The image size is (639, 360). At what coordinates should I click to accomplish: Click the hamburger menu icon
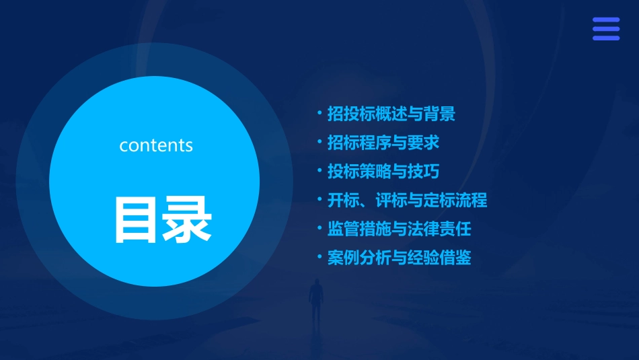click(605, 29)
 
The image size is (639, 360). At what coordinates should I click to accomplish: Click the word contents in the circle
click(156, 145)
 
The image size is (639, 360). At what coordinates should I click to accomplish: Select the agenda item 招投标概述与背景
click(391, 114)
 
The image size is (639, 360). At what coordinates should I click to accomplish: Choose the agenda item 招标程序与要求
click(383, 143)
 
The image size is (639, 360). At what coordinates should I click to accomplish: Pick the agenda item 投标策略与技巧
click(383, 172)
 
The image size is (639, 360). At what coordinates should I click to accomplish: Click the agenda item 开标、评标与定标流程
click(407, 200)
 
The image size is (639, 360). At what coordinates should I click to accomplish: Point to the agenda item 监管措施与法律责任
click(399, 229)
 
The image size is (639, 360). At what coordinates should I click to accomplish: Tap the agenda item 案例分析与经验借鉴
click(399, 258)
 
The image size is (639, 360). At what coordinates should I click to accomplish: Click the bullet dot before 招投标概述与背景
click(319, 113)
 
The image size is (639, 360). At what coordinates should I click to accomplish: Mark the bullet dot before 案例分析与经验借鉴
click(319, 257)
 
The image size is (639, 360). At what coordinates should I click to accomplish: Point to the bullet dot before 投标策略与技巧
click(319, 171)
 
